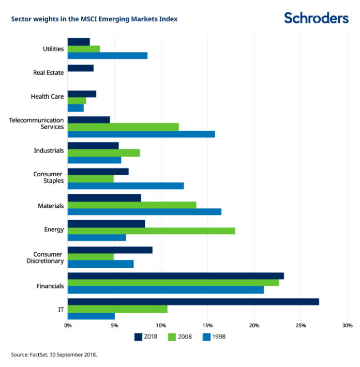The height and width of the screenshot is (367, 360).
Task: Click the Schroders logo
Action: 316,18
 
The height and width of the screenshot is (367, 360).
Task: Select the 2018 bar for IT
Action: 193,302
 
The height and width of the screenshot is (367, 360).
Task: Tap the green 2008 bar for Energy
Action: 151,231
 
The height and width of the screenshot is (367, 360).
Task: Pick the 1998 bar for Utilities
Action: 107,55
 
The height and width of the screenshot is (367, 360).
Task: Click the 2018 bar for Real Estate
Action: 80,68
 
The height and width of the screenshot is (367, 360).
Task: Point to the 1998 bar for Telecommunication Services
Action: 141,134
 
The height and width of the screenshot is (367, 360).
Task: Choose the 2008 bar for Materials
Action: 132,205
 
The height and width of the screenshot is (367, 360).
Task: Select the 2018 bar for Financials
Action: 175,276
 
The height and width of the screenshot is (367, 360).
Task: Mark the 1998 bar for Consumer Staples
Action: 126,186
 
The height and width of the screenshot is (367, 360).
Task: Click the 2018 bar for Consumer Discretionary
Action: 110,250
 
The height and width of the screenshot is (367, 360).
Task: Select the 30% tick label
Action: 347,326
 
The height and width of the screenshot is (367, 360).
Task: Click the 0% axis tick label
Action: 68,326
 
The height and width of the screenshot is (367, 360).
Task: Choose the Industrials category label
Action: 49,150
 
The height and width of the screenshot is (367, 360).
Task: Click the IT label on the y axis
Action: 61,309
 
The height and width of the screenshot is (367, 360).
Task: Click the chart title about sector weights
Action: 94,19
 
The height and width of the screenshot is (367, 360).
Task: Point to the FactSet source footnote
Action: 53,355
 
